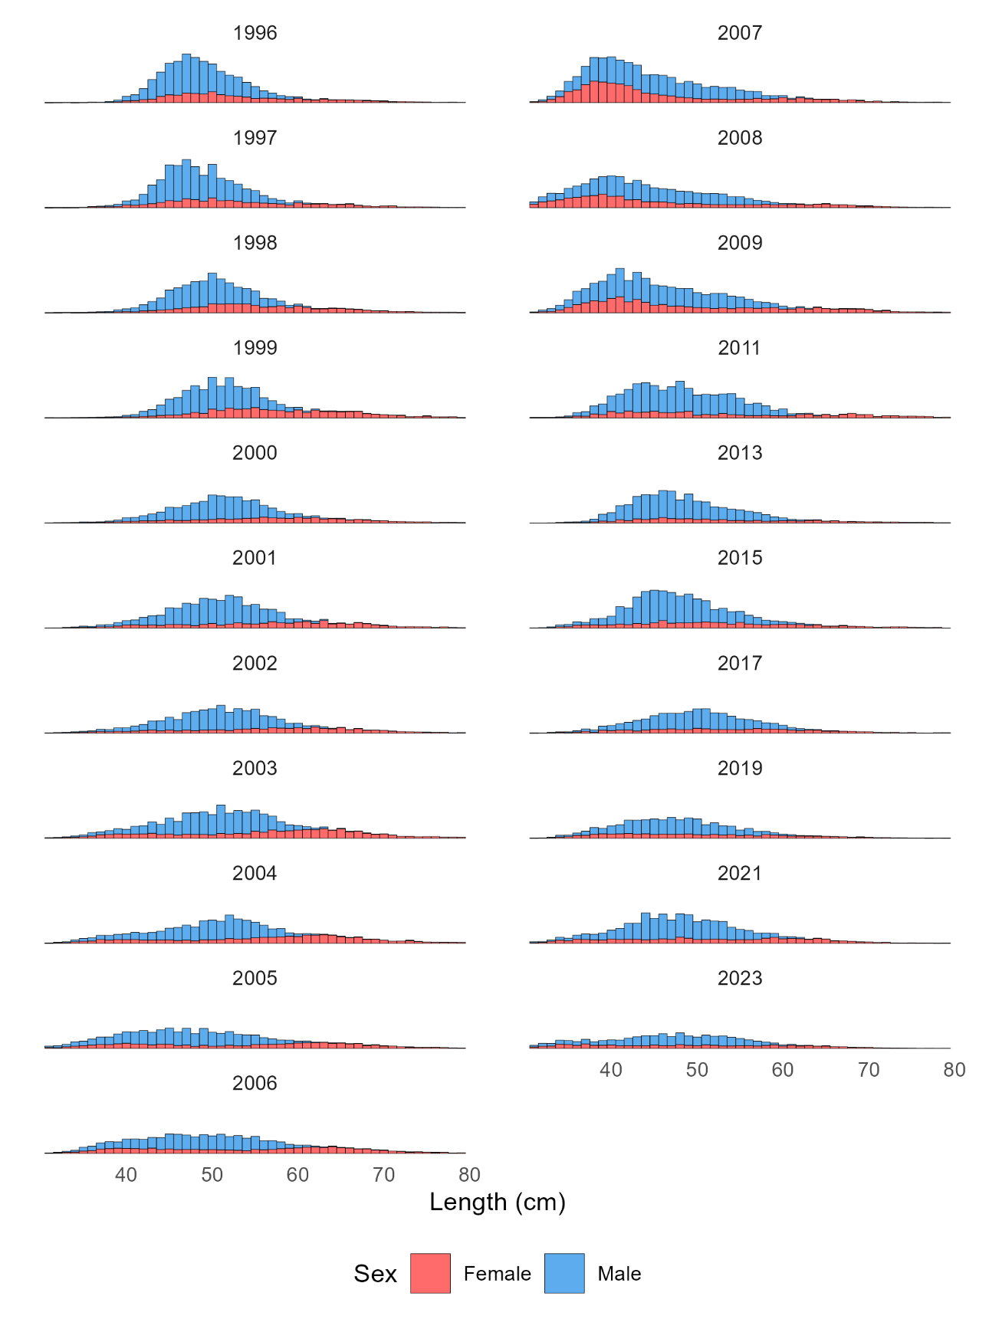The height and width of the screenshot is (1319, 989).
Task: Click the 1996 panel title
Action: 255,33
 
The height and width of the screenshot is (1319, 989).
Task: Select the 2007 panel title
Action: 739,33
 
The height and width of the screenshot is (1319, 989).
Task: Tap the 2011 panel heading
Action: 739,348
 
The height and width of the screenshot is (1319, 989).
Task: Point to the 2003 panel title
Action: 255,768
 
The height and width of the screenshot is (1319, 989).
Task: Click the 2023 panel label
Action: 739,978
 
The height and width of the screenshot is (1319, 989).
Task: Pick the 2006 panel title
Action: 255,1083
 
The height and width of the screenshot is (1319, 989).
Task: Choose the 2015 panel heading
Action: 739,558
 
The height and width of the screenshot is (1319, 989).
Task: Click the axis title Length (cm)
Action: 497,1202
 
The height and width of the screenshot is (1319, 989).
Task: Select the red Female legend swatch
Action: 430,1273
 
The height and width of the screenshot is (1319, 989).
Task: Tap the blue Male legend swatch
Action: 564,1273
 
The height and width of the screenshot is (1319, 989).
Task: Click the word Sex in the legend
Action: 375,1274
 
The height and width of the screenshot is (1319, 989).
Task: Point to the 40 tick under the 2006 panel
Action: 126,1175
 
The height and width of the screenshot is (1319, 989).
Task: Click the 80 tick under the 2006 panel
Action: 468,1175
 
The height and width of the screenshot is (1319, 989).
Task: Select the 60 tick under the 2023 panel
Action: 782,1070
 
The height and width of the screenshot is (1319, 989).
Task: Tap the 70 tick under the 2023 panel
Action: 868,1070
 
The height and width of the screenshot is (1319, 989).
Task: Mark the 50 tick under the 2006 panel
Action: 212,1175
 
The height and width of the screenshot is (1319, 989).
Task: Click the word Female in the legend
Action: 497,1274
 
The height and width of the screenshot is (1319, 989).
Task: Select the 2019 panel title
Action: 739,768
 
